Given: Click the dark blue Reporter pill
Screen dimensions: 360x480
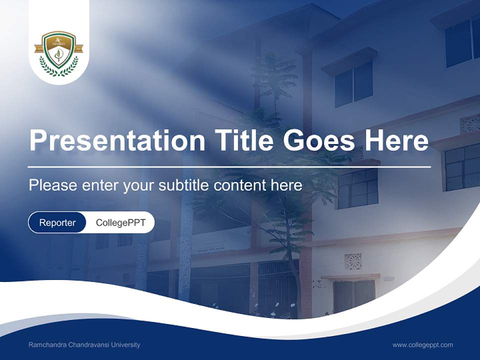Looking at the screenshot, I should [x=57, y=222].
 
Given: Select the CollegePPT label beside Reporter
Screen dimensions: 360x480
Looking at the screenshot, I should [x=120, y=222].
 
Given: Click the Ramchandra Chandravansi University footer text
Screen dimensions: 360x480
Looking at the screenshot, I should [x=84, y=345].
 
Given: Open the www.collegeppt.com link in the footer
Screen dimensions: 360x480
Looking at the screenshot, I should [x=422, y=345].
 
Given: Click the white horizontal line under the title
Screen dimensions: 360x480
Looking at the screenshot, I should [x=229, y=166].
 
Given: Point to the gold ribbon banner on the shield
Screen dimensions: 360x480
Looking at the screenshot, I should [x=58, y=48].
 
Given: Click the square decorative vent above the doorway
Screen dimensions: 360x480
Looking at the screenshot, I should [x=352, y=261].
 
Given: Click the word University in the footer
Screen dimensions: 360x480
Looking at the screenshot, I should [x=126, y=345].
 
